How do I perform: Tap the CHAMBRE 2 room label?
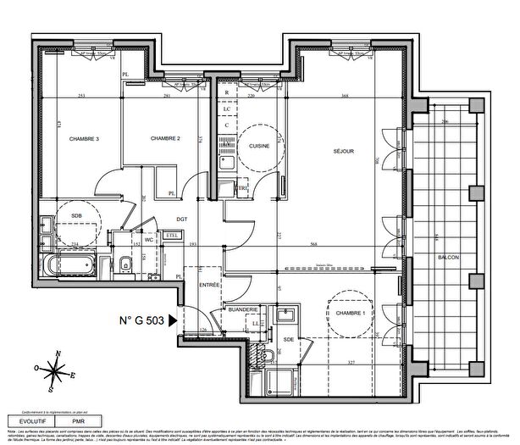166,139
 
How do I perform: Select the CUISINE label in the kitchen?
258,146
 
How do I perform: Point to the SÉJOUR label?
343,152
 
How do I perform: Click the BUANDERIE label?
243,310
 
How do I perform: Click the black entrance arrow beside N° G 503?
173,320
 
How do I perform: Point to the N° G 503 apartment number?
142,320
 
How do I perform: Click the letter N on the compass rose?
57,354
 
